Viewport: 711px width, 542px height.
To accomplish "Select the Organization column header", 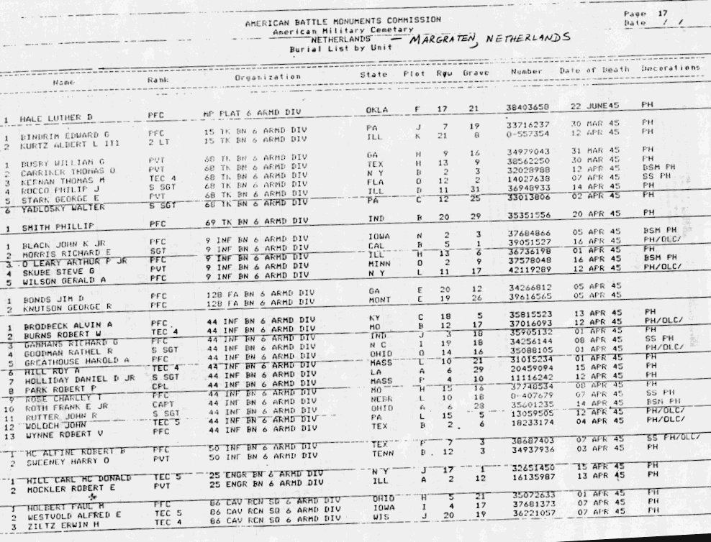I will (x=268, y=77).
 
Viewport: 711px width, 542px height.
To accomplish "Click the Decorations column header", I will (x=670, y=69).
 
